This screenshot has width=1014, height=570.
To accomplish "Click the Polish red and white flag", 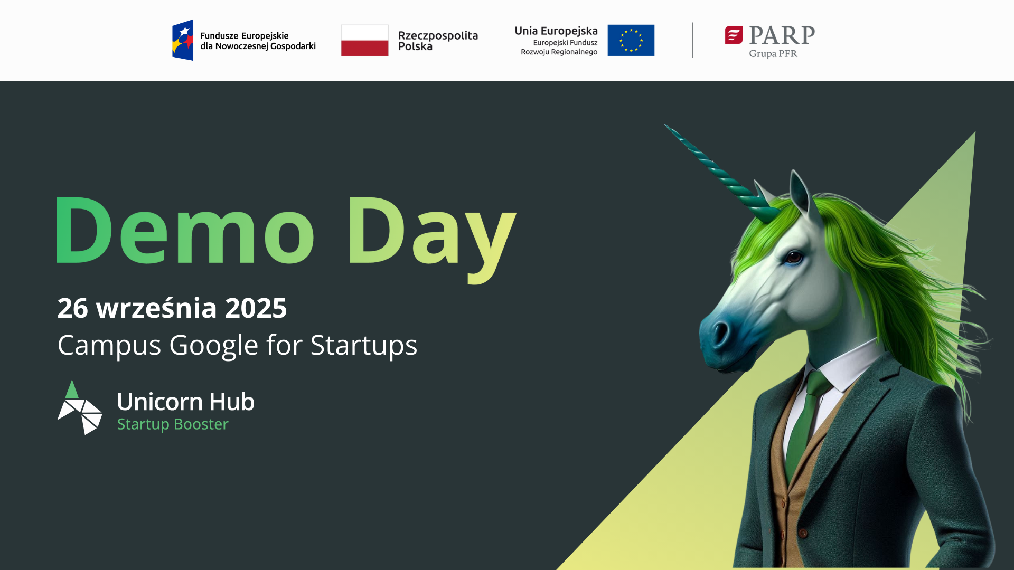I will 364,40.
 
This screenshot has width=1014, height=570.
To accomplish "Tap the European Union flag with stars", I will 631,40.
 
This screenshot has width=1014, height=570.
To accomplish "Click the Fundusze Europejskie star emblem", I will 183,40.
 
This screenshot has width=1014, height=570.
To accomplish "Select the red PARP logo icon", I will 734,35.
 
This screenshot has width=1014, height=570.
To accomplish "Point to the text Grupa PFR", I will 773,53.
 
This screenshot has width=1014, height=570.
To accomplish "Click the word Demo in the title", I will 185,231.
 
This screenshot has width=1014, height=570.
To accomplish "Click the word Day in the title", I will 430,235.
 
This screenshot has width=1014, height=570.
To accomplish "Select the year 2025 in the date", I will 256,308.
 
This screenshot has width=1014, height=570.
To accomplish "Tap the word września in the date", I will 156,308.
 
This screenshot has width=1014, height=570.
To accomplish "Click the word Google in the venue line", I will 214,346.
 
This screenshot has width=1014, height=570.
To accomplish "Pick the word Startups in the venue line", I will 363,346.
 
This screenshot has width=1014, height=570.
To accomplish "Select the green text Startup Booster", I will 173,424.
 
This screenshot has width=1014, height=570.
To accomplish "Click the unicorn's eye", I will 793,258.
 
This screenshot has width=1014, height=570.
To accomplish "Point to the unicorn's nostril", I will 720,332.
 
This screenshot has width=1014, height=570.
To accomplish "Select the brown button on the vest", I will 803,534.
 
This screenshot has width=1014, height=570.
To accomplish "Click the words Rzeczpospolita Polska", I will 437,41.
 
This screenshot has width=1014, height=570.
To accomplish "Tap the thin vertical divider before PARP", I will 692,40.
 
